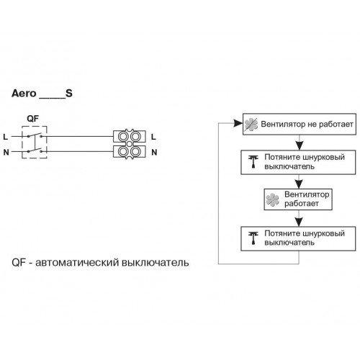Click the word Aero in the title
click(x=24, y=94)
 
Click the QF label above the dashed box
click(x=32, y=119)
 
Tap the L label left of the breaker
click(x=6, y=137)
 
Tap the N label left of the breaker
click(x=6, y=152)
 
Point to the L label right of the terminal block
click(x=153, y=137)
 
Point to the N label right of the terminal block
click(x=154, y=152)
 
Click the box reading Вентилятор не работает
click(x=300, y=124)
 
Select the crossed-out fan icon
click(x=251, y=125)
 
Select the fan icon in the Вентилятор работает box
click(x=273, y=199)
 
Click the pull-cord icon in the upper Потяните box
click(x=253, y=161)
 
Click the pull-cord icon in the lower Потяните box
click(x=253, y=238)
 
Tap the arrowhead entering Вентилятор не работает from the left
click(x=238, y=123)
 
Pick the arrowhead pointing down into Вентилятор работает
click(x=299, y=184)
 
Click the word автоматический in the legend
click(x=77, y=263)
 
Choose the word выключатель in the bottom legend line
click(x=156, y=263)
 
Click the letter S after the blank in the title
click(x=69, y=93)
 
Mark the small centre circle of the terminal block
click(x=130, y=144)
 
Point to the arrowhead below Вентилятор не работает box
click(x=299, y=145)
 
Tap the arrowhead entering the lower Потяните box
click(x=299, y=222)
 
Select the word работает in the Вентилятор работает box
click(x=302, y=204)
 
